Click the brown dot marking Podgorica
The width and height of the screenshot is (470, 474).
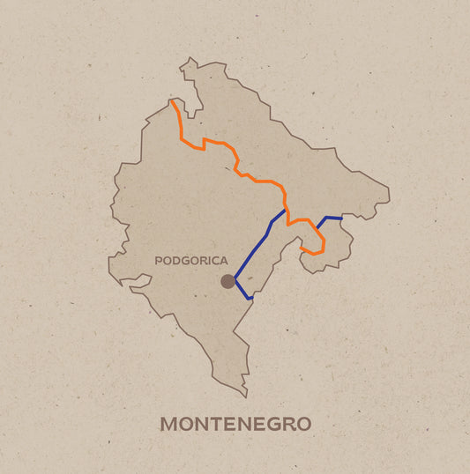pyautogui.click(x=228, y=281)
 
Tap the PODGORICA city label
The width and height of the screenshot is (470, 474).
pyautogui.click(x=190, y=261)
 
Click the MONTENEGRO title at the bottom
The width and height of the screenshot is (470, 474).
pyautogui.click(x=235, y=424)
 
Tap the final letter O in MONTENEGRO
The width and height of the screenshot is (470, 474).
pyautogui.click(x=303, y=424)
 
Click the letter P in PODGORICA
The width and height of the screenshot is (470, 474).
pyautogui.click(x=158, y=261)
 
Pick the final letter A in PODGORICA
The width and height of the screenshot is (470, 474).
pyautogui.click(x=224, y=261)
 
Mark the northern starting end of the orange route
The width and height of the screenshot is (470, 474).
pyautogui.click(x=171, y=101)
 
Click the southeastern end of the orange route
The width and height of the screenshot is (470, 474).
pyautogui.click(x=302, y=249)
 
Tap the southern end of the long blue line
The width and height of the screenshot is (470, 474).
pyautogui.click(x=251, y=299)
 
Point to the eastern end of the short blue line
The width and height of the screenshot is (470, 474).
pyautogui.click(x=341, y=218)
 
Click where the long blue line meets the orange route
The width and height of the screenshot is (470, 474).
pyautogui.click(x=285, y=210)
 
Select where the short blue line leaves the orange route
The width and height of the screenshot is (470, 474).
pyautogui.click(x=317, y=228)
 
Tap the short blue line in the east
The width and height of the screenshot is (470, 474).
pyautogui.click(x=328, y=218)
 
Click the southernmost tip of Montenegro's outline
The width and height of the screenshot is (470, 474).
pyautogui.click(x=246, y=396)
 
